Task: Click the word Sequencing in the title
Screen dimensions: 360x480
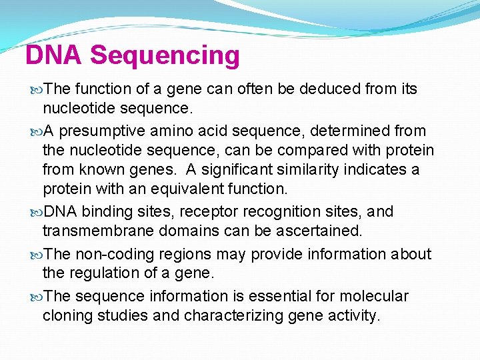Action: pos(165,56)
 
